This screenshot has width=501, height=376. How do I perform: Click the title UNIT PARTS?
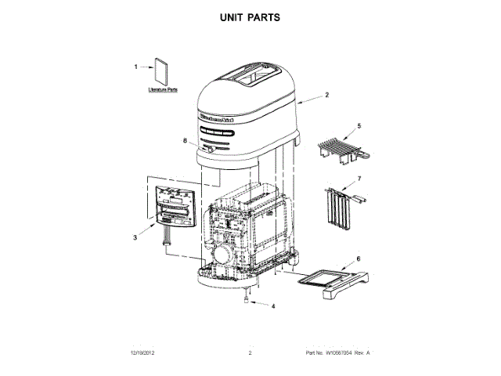tap(250, 16)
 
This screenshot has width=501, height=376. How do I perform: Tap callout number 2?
tap(326, 95)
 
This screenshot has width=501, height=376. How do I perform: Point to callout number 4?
tap(273, 306)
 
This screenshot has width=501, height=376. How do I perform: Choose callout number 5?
tap(359, 125)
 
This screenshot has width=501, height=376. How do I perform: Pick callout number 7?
tap(359, 179)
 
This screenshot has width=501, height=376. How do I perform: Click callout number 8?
tap(185, 142)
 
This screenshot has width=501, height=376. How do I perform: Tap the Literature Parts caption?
tap(163, 92)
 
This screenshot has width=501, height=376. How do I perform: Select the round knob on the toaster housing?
tap(209, 148)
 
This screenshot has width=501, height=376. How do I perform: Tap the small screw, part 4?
tap(247, 298)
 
